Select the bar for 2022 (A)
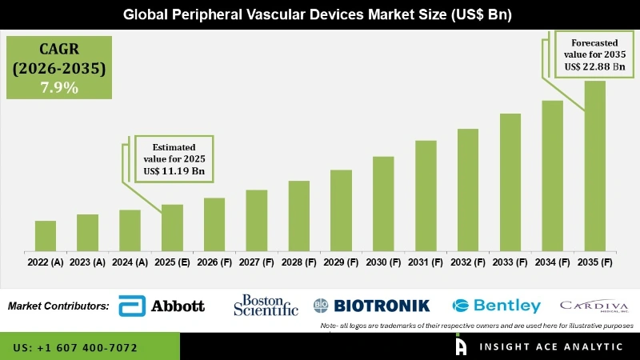coord(46,236)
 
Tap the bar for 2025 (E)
coord(172,228)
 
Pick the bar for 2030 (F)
coord(383,204)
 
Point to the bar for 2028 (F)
coord(298,216)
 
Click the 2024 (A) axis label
coord(130,262)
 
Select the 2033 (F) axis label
coord(510,262)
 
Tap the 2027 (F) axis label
coord(256,262)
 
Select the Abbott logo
coord(162,306)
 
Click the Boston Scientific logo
coord(266,305)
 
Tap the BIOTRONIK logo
coord(371,305)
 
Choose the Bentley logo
coord(496,306)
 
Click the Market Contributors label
coord(58,306)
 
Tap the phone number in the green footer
coord(75,348)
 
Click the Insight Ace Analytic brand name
coord(550,347)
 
